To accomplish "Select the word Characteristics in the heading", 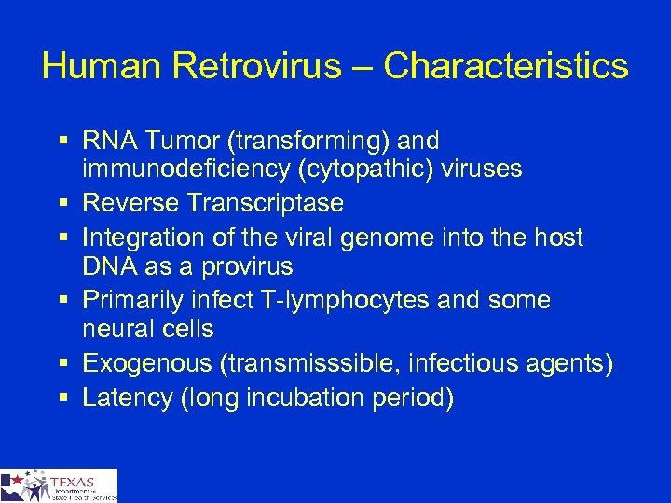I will coord(506,65).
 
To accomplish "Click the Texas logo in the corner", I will coord(59,485).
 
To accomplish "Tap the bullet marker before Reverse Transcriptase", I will coord(61,203).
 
